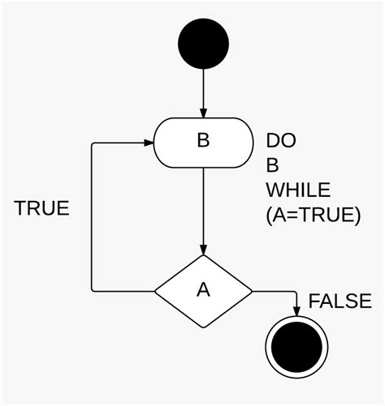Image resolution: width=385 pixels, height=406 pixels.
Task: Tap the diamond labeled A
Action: (x=203, y=290)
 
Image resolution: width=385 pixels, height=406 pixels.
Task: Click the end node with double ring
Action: (x=296, y=348)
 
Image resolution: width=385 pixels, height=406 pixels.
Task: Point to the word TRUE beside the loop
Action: (x=41, y=208)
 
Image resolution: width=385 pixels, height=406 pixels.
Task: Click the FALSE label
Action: (x=340, y=301)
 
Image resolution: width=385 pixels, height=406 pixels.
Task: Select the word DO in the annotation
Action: (x=281, y=141)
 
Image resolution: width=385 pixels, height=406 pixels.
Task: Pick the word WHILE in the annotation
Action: (x=298, y=191)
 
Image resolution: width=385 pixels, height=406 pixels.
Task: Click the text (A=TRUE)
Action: (x=312, y=216)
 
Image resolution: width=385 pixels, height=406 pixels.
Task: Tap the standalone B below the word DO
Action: (x=273, y=166)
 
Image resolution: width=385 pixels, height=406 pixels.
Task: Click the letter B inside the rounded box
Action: (x=203, y=141)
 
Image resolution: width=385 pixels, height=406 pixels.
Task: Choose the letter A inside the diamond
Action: (x=203, y=290)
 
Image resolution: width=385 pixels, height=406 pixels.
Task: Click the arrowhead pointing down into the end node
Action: (x=296, y=311)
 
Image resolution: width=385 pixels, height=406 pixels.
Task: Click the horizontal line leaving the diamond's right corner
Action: (x=275, y=290)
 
